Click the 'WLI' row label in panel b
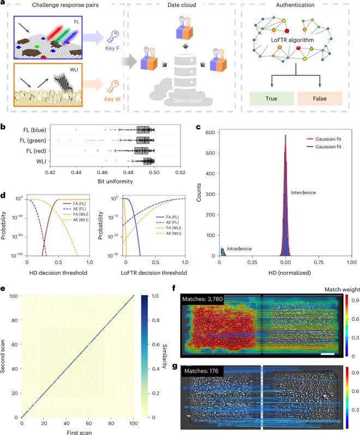[x=38, y=160]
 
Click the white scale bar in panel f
[x=328, y=355]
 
